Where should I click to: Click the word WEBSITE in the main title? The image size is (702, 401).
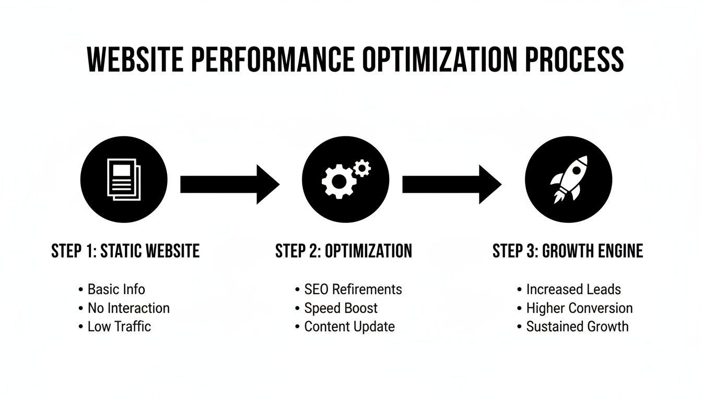(x=135, y=59)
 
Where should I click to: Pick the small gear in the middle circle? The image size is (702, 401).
(x=361, y=168)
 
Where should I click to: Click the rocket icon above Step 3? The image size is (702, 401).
(x=568, y=179)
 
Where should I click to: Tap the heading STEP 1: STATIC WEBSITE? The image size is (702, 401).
(x=125, y=251)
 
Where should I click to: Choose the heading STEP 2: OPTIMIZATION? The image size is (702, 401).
(x=343, y=251)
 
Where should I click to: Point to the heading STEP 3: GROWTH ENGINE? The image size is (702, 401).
(x=567, y=251)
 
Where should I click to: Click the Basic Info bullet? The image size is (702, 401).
(x=116, y=289)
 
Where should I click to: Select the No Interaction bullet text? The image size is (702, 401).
(x=128, y=308)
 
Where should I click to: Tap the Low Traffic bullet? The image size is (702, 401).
(x=119, y=327)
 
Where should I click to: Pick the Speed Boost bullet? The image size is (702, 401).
(x=341, y=308)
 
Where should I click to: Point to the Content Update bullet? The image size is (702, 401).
(x=349, y=327)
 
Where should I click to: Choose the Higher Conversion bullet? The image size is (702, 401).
(x=579, y=308)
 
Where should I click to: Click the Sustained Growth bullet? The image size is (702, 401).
(x=577, y=327)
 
